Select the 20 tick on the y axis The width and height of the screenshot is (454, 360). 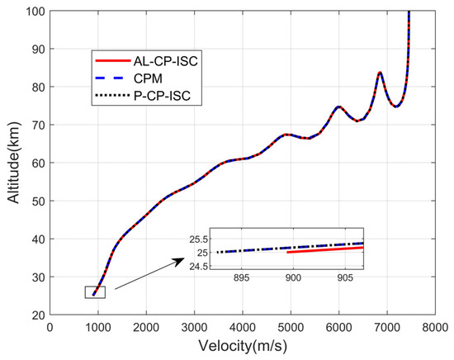pos(39,315)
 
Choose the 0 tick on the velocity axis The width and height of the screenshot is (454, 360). pos(50,328)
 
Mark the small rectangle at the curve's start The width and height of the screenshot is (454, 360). pos(94,291)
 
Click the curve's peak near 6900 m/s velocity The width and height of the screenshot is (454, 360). pos(379,73)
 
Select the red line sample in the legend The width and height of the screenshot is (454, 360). pos(109,60)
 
